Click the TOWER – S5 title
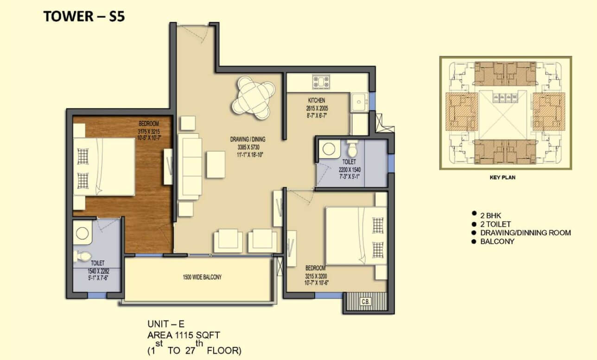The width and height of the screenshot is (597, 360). (x=84, y=16)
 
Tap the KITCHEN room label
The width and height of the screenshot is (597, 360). (x=317, y=101)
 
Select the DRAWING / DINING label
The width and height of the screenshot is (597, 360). (x=248, y=139)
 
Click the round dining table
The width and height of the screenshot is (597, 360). (x=253, y=98)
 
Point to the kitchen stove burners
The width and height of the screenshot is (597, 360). (x=321, y=82)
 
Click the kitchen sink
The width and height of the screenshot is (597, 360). (x=359, y=102)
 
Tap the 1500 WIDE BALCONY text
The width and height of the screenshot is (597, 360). (x=202, y=277)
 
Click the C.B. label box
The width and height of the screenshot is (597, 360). (x=365, y=302)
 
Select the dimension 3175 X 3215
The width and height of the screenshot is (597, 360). (x=149, y=132)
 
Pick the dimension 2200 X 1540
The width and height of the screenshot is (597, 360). (x=349, y=170)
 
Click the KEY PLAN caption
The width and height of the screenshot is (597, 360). (x=502, y=177)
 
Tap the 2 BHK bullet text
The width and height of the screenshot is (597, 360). (x=490, y=215)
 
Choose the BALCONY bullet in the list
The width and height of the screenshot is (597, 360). (x=497, y=241)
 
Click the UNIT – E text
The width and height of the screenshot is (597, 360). (x=166, y=324)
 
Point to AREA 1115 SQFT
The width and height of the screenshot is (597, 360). (x=184, y=335)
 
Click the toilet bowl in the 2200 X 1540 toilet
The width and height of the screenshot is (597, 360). (x=352, y=149)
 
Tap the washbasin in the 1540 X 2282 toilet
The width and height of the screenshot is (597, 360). (x=83, y=234)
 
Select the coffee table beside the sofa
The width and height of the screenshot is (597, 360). (x=216, y=164)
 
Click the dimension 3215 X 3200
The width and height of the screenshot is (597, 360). (x=316, y=276)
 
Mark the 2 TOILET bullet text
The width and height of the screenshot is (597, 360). (x=495, y=224)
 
